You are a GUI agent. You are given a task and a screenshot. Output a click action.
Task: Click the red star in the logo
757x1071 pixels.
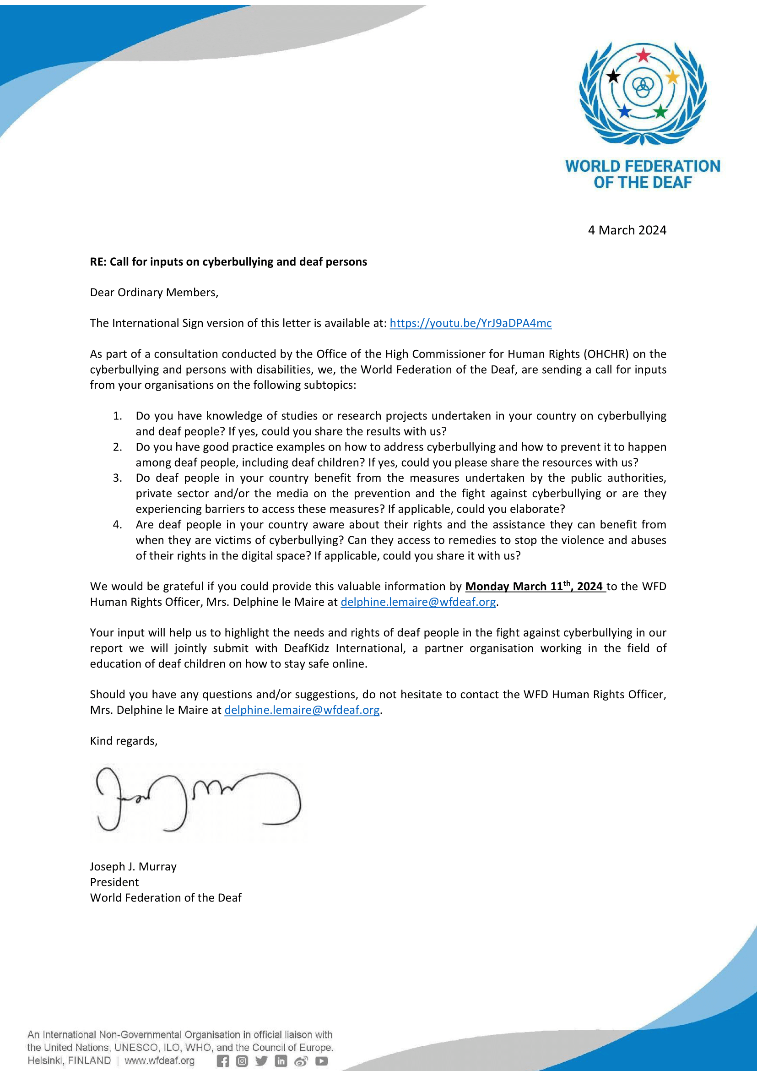coord(643,55)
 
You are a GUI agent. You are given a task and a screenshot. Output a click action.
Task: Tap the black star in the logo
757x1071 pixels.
coord(613,76)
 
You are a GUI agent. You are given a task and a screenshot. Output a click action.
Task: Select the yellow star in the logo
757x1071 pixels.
coord(672,76)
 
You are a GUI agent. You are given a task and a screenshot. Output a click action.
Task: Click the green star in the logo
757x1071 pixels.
coord(660,111)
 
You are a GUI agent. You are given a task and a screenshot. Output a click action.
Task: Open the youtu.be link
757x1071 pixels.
coord(470,323)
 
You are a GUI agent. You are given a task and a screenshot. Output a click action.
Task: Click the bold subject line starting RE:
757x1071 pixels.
coord(228,262)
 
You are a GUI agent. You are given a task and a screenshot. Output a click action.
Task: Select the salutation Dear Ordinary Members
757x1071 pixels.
coord(154,293)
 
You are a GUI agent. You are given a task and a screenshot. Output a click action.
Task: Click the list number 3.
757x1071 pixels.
coord(118,478)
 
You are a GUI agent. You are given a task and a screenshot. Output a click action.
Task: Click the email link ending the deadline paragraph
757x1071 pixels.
coord(418,602)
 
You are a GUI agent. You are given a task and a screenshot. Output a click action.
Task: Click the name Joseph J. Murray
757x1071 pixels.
coord(133,866)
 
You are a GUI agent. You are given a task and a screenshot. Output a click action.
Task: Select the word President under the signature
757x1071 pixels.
coord(114,882)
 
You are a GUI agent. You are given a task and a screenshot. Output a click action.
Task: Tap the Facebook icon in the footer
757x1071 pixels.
coord(223,1061)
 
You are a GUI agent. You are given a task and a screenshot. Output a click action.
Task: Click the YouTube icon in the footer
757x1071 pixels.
coord(322,1061)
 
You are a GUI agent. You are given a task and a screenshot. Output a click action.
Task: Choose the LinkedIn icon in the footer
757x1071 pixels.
coord(281,1061)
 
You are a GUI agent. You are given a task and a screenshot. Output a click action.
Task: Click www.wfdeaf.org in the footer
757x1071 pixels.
coord(159,1061)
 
